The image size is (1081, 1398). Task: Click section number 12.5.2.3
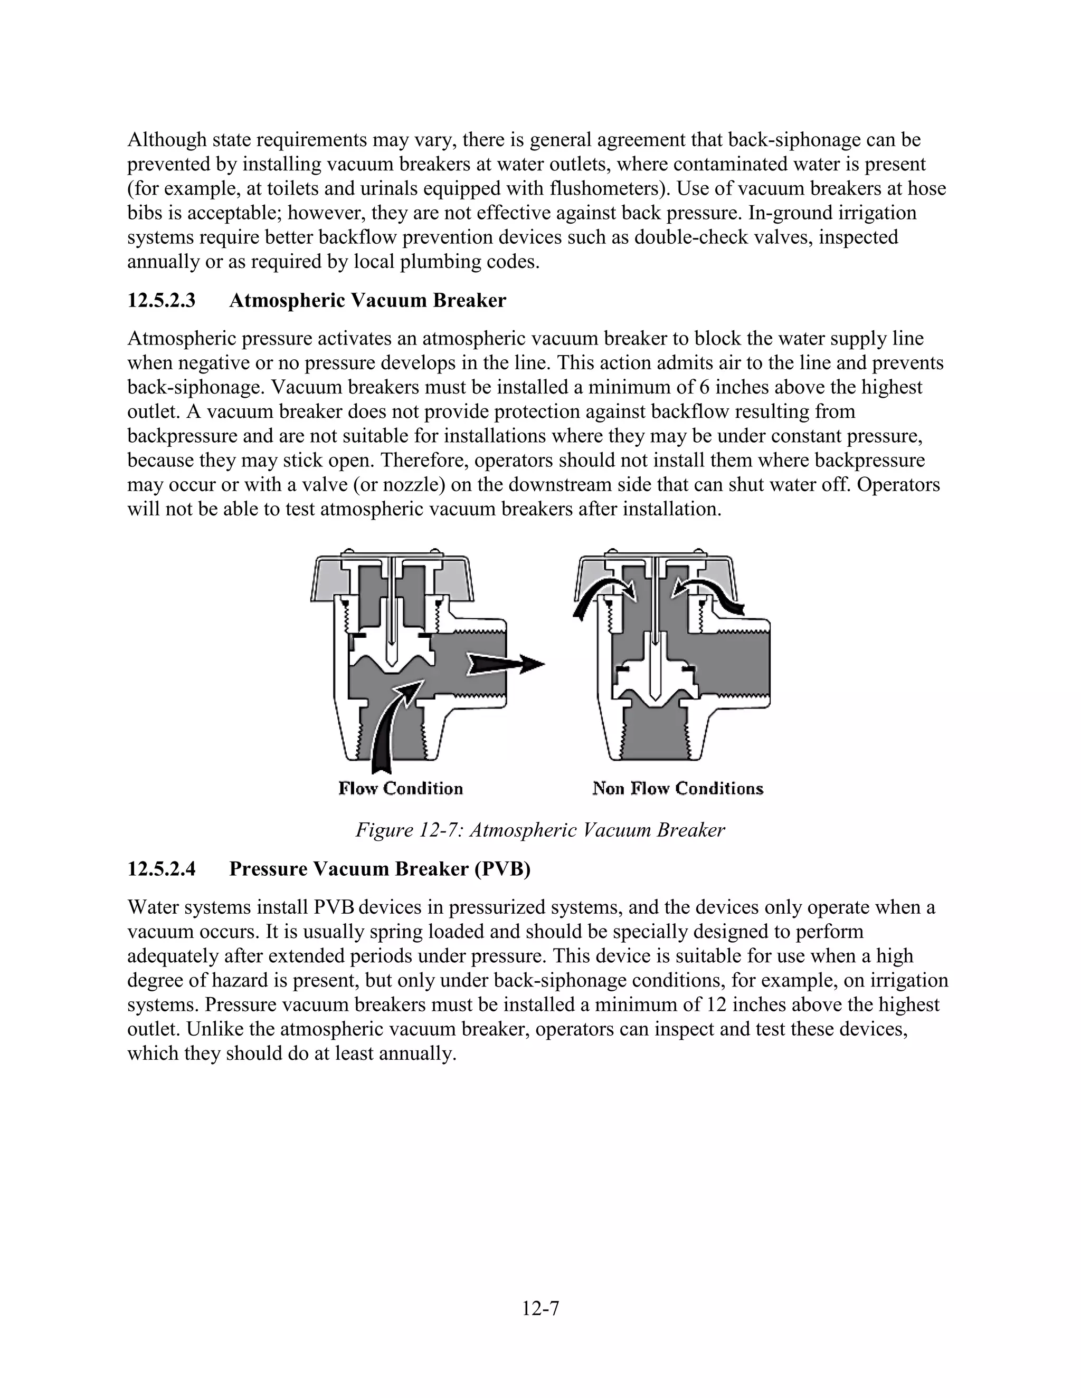point(161,300)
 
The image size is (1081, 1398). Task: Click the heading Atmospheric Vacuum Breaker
point(367,300)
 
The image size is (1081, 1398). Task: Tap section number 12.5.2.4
point(161,869)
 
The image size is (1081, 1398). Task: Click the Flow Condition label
point(400,788)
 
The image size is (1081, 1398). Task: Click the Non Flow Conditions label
point(678,788)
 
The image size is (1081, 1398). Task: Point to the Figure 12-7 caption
point(540,830)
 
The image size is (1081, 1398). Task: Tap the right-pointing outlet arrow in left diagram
point(506,664)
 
